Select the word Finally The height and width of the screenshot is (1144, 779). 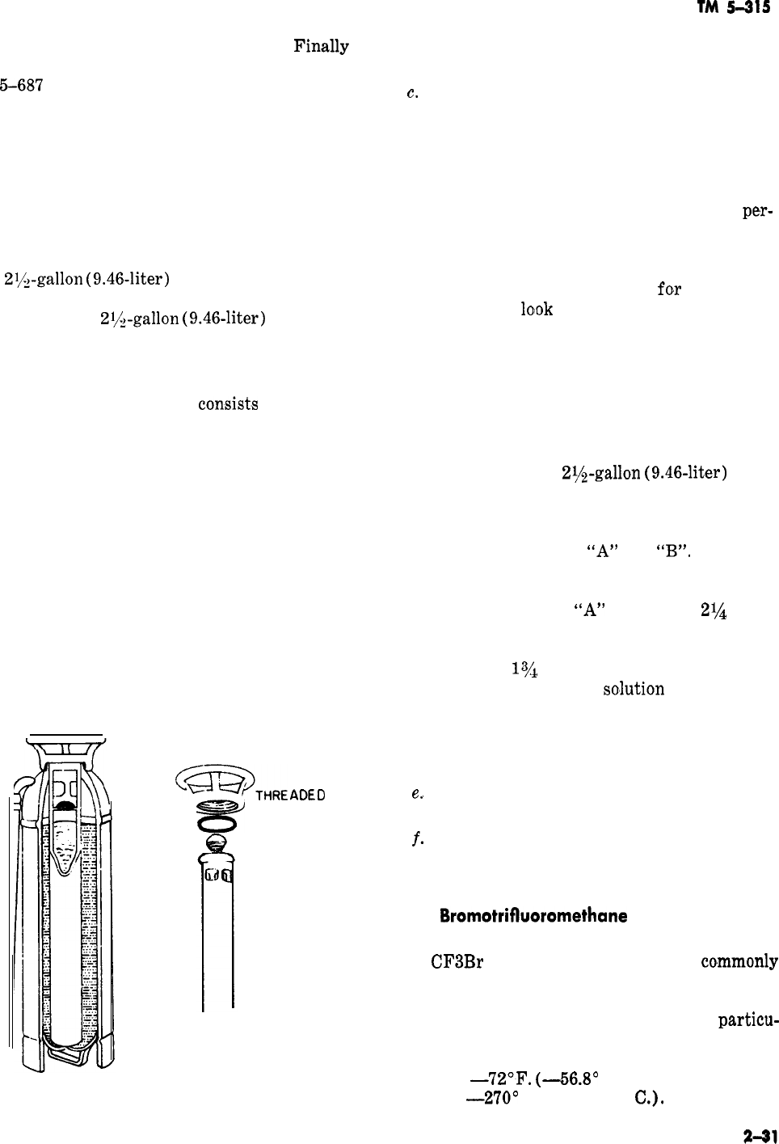(x=321, y=47)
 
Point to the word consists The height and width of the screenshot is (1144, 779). (x=228, y=403)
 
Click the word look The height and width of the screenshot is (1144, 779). (x=537, y=310)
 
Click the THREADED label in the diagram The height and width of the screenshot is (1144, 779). (x=290, y=796)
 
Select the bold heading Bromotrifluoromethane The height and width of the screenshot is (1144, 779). (x=534, y=917)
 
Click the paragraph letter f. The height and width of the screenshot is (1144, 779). (x=415, y=838)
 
